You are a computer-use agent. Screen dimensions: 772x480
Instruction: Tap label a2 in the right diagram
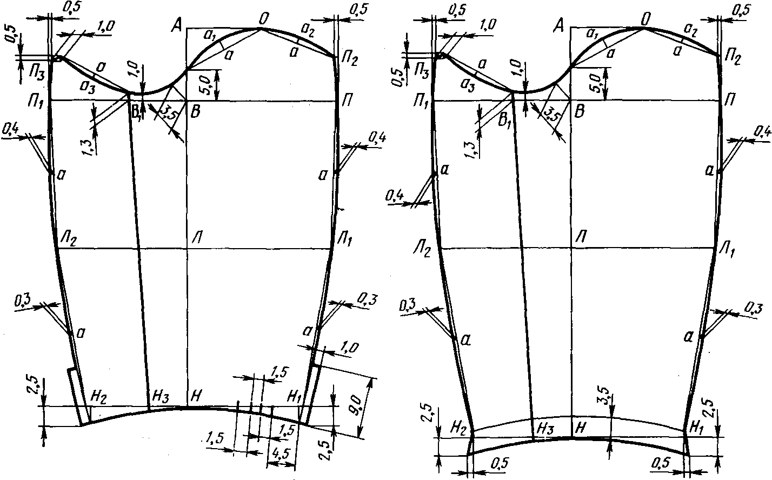pos(690,29)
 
